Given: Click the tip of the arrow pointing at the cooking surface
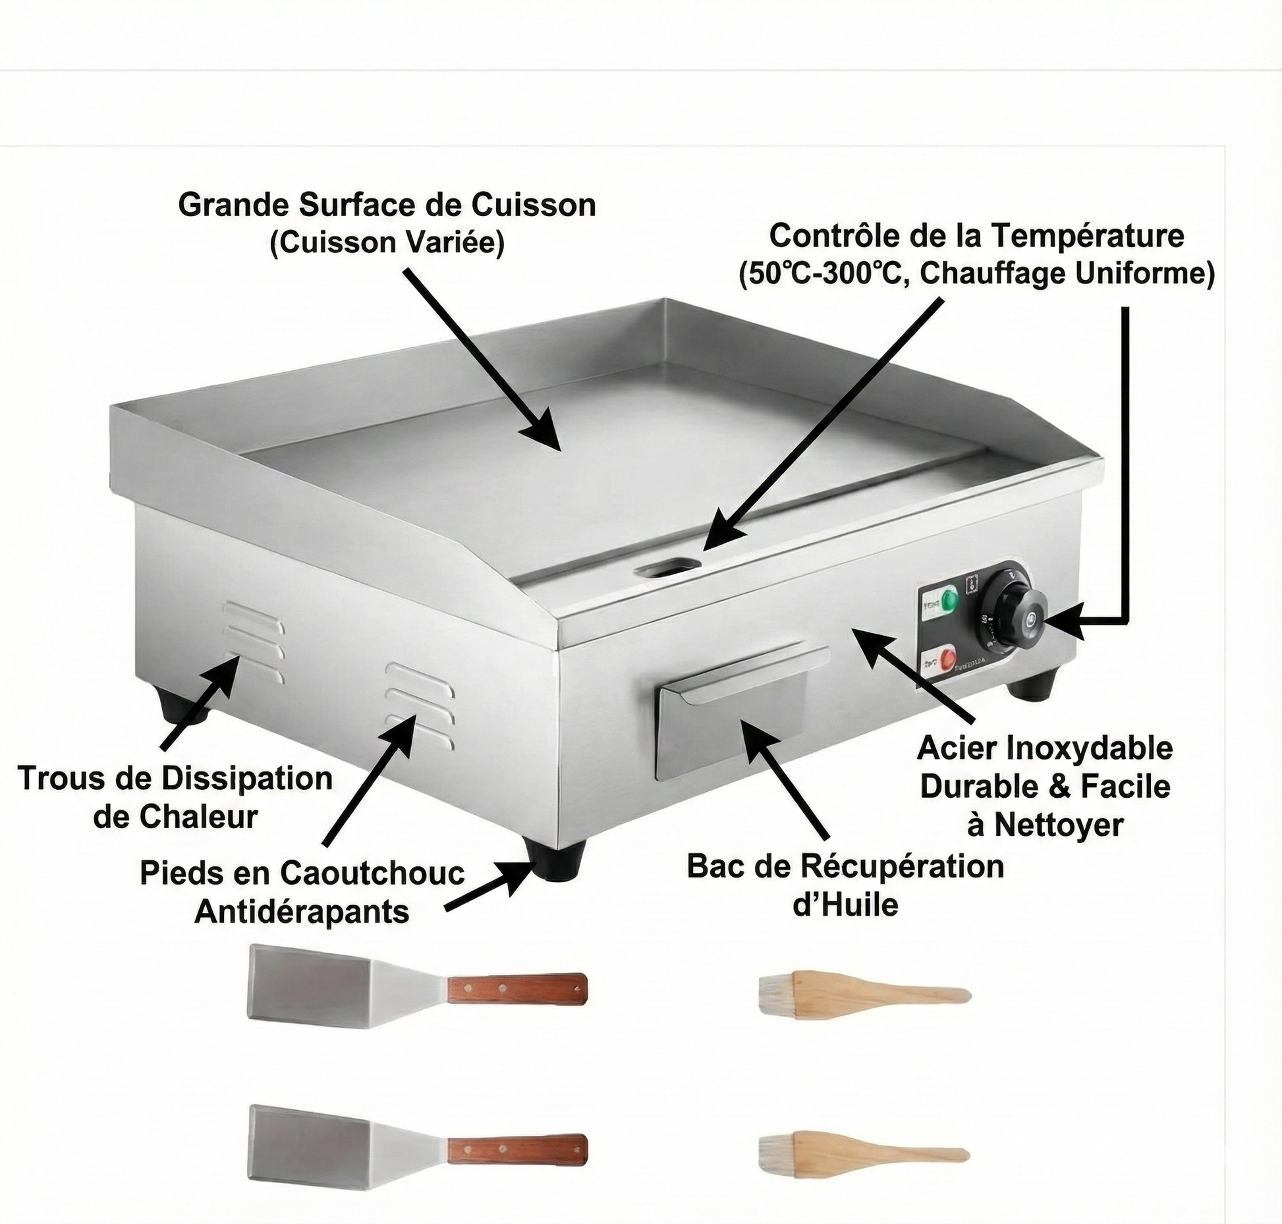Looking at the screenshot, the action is tap(560, 451).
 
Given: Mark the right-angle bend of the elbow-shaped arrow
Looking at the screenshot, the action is tap(1126, 621).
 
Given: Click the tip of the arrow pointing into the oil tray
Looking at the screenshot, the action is tap(740, 719).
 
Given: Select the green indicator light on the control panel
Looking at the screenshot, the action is tap(950, 600).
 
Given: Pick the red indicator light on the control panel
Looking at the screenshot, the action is tap(947, 657).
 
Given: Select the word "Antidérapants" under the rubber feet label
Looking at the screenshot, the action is tap(302, 912).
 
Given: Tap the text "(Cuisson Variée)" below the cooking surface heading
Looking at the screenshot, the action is tap(387, 243).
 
